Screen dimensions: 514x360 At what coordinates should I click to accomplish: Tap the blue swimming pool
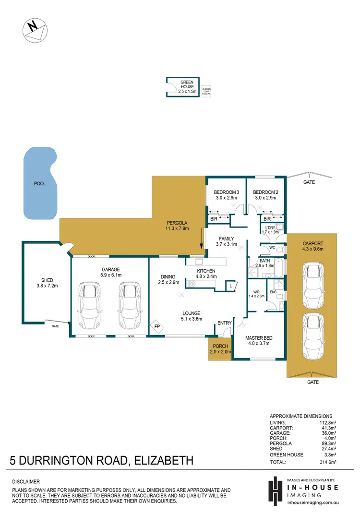41,183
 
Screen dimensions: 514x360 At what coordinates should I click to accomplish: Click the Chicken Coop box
206,91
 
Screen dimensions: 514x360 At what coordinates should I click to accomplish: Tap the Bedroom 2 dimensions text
265,198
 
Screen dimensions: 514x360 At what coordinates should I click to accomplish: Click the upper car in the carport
313,286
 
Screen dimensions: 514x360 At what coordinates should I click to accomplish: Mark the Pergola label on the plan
177,223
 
